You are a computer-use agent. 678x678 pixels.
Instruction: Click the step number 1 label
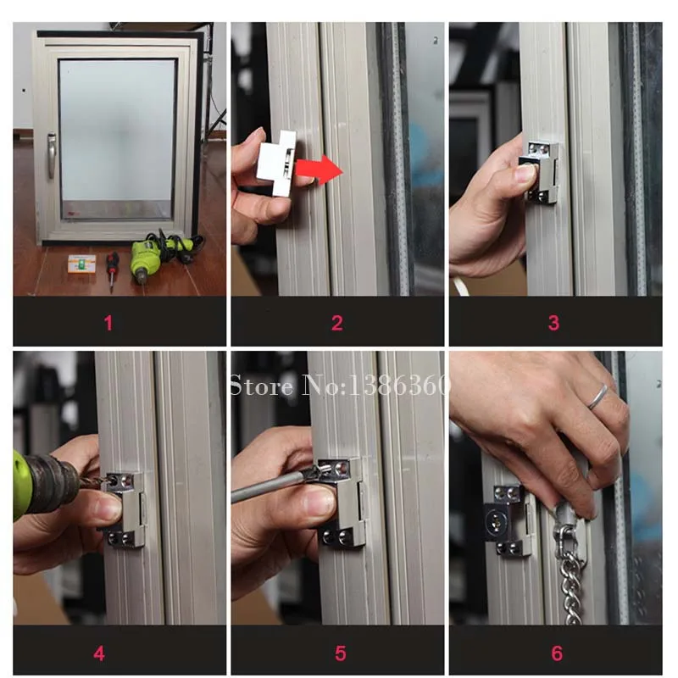pos(108,322)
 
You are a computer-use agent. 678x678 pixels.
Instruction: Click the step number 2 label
pos(337,322)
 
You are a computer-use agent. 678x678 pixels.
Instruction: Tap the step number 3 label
pos(553,322)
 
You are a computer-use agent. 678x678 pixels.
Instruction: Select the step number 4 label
pos(99,653)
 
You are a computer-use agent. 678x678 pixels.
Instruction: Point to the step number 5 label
pos(340,653)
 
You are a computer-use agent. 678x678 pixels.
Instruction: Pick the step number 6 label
pos(557,653)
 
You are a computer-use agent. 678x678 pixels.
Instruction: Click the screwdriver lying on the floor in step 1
pos(111,269)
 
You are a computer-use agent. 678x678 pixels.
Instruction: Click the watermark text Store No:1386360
pos(339,387)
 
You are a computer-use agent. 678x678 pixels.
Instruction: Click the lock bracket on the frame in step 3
pos(542,169)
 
